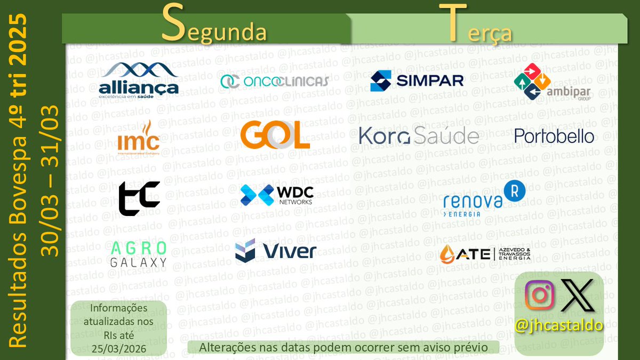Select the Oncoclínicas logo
(275, 81)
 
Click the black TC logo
(139, 198)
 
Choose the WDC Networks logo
(276, 195)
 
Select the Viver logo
(276, 251)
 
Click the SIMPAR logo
(417, 81)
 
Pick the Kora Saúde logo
(419, 136)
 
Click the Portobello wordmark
(554, 136)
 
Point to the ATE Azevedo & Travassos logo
(485, 254)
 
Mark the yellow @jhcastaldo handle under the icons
(559, 325)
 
